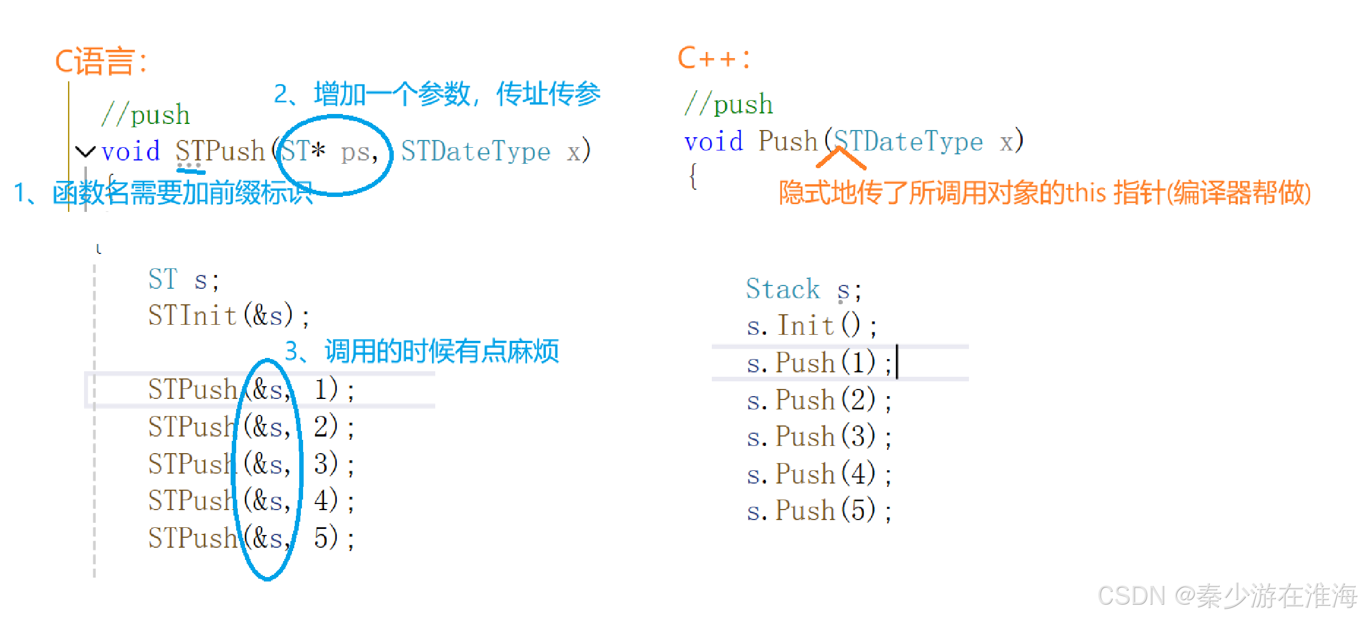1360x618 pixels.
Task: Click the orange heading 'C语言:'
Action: pos(101,61)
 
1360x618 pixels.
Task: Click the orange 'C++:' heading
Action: pos(713,58)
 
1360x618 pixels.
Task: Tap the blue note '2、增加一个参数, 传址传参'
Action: pos(437,94)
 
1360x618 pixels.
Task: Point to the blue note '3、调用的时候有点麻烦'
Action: pos(421,351)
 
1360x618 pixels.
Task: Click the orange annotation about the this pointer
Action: pos(1044,193)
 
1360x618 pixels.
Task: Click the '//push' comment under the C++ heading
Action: pos(728,104)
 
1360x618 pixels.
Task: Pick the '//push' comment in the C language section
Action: pos(145,115)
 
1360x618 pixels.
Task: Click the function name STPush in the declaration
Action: pos(220,150)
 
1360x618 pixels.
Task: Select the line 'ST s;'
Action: pos(184,279)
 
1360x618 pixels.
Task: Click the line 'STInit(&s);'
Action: pos(228,316)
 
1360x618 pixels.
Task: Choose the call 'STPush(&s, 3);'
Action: pos(251,464)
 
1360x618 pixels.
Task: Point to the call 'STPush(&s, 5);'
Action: pos(251,538)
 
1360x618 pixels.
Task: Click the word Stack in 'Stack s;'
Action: pos(783,289)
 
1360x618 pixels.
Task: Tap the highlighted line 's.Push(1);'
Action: pos(819,363)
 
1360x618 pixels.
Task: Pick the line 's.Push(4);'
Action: pos(819,474)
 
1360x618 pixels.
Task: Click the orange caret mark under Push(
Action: pos(841,158)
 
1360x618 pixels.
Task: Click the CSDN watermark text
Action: pos(1227,596)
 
